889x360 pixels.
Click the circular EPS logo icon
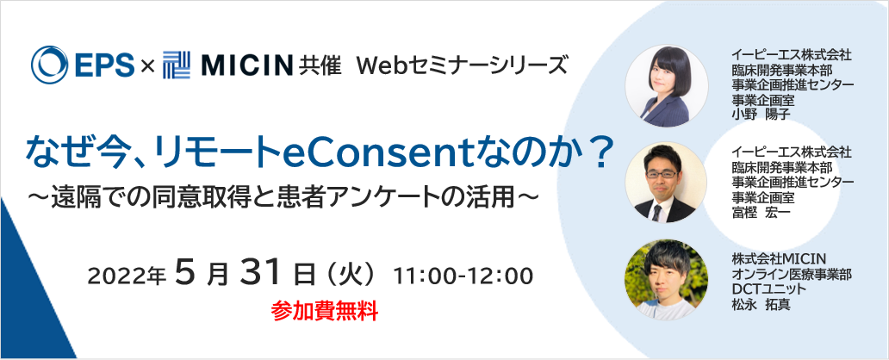pos(49,65)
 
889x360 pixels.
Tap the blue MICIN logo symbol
pos(177,65)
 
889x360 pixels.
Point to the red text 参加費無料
pos(324,312)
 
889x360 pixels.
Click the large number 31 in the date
pos(260,273)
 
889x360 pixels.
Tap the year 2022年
pos(127,276)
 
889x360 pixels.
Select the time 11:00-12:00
pos(463,276)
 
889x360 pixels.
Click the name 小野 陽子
pos(757,112)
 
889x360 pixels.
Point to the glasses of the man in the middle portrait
pos(662,173)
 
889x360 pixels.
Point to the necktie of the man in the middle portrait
pos(656,212)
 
